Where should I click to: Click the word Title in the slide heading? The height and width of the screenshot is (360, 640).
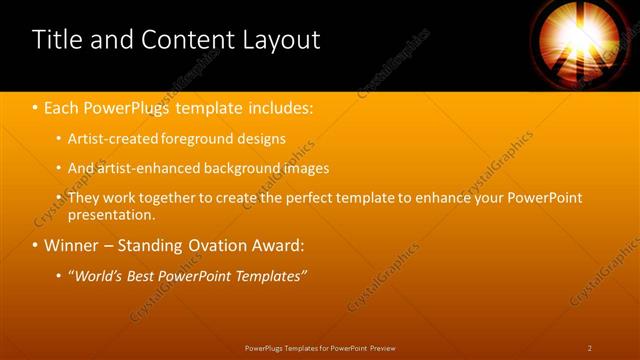(58, 40)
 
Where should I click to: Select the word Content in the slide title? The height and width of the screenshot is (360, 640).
(190, 40)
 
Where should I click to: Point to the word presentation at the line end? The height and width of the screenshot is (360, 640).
(111, 214)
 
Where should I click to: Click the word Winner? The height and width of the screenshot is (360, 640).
(73, 245)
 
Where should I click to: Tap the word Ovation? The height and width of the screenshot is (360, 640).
(211, 245)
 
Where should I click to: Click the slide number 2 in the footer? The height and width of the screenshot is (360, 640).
(590, 347)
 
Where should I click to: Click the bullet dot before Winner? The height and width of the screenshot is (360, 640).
(35, 245)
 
